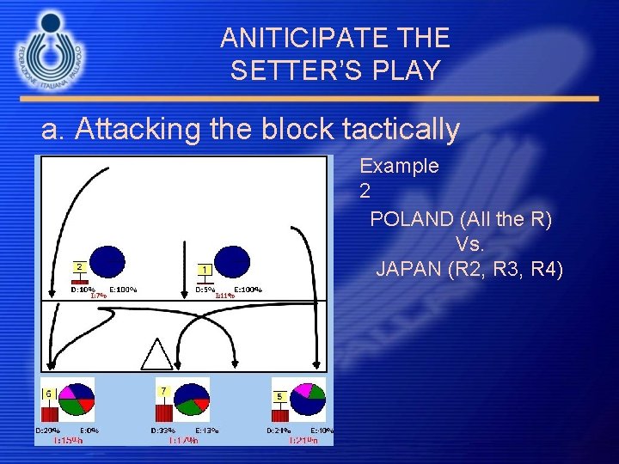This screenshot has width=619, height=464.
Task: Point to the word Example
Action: (x=399, y=166)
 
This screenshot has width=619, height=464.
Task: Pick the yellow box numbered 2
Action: (x=79, y=267)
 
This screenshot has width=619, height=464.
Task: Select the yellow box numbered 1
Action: (x=205, y=270)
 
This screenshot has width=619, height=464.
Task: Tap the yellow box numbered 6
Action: (x=49, y=394)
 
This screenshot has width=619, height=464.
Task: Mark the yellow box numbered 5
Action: (x=280, y=396)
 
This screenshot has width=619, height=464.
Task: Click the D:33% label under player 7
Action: (x=163, y=430)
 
